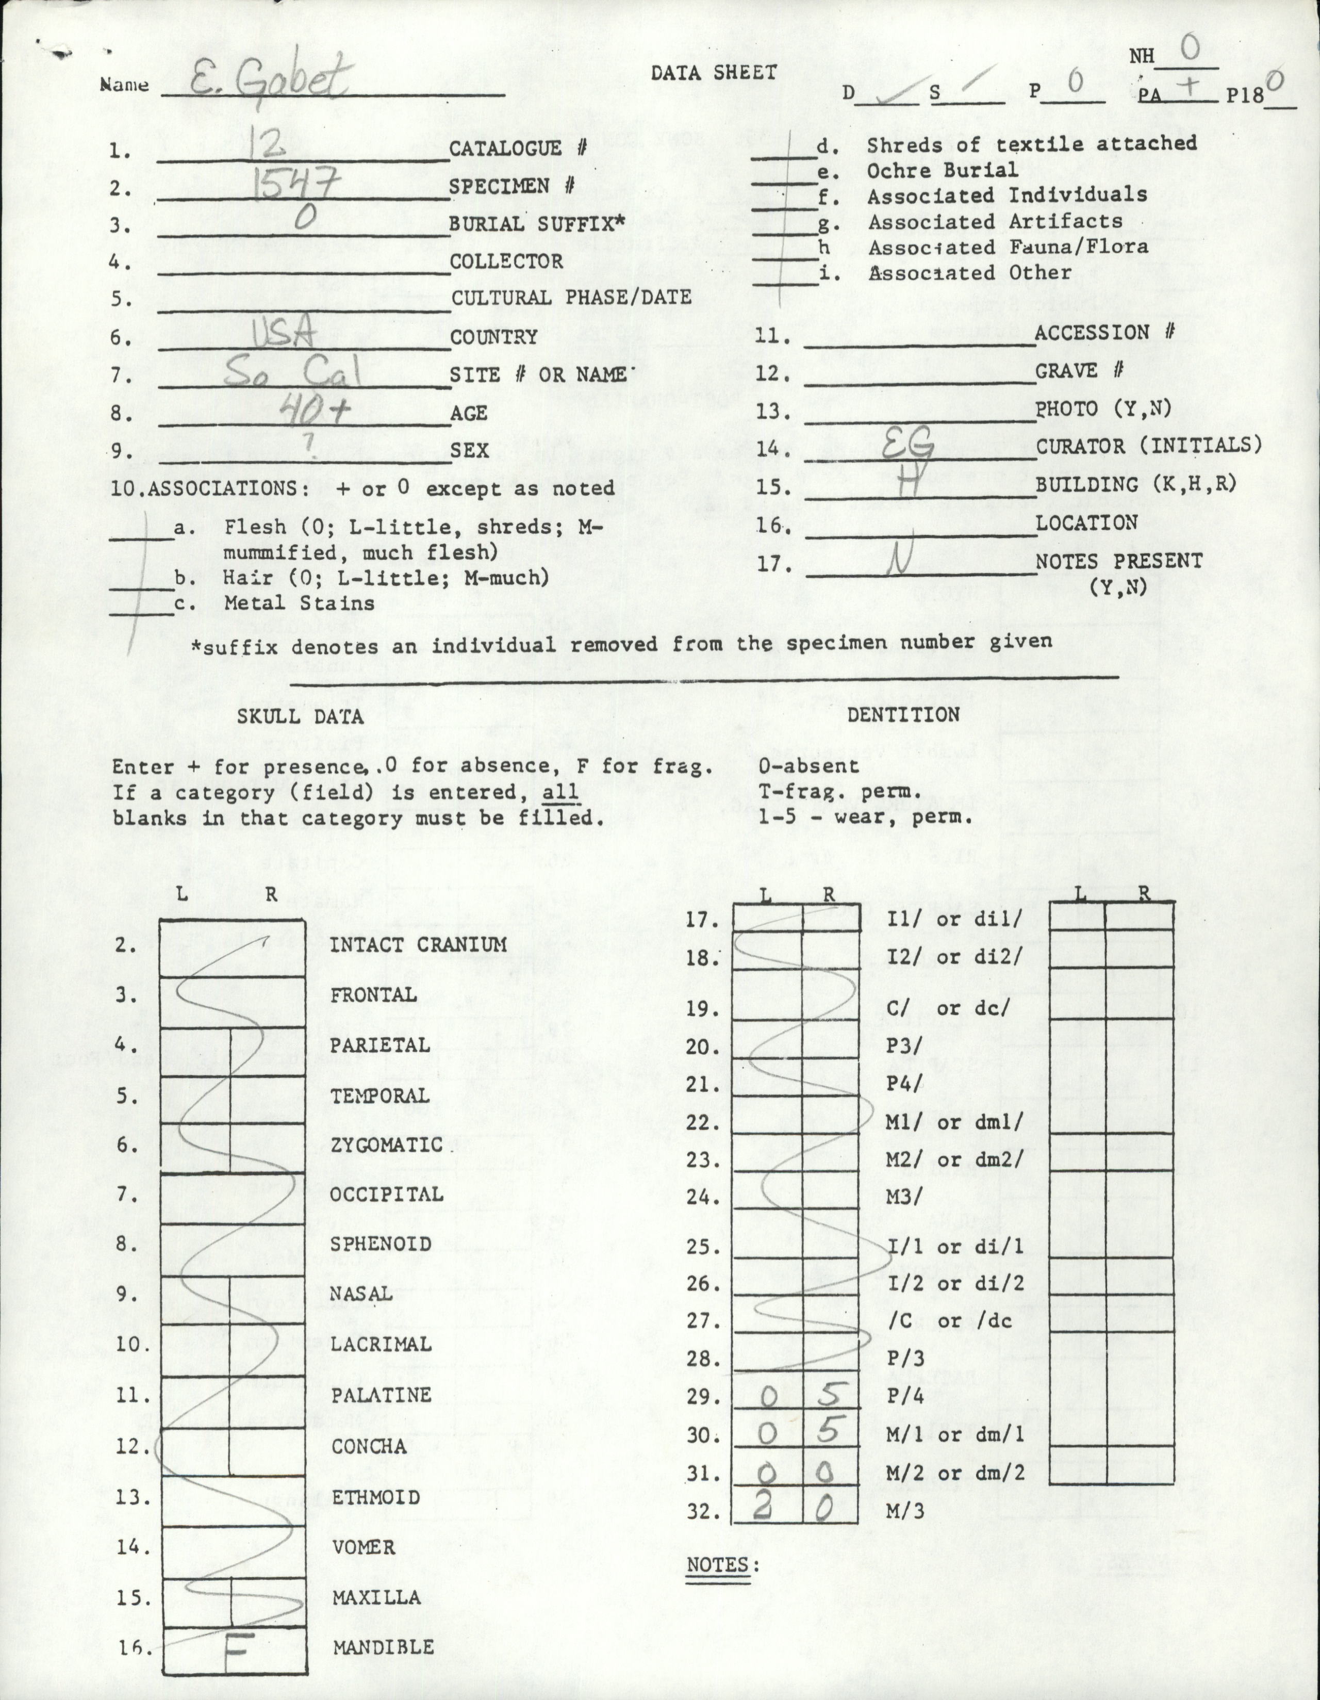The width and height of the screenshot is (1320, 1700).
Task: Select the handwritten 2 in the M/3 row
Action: tap(764, 1509)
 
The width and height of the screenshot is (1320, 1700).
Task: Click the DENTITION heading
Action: tap(903, 714)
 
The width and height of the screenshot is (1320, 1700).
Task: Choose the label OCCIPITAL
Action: tap(386, 1194)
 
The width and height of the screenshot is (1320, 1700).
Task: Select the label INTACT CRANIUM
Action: tap(418, 945)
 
